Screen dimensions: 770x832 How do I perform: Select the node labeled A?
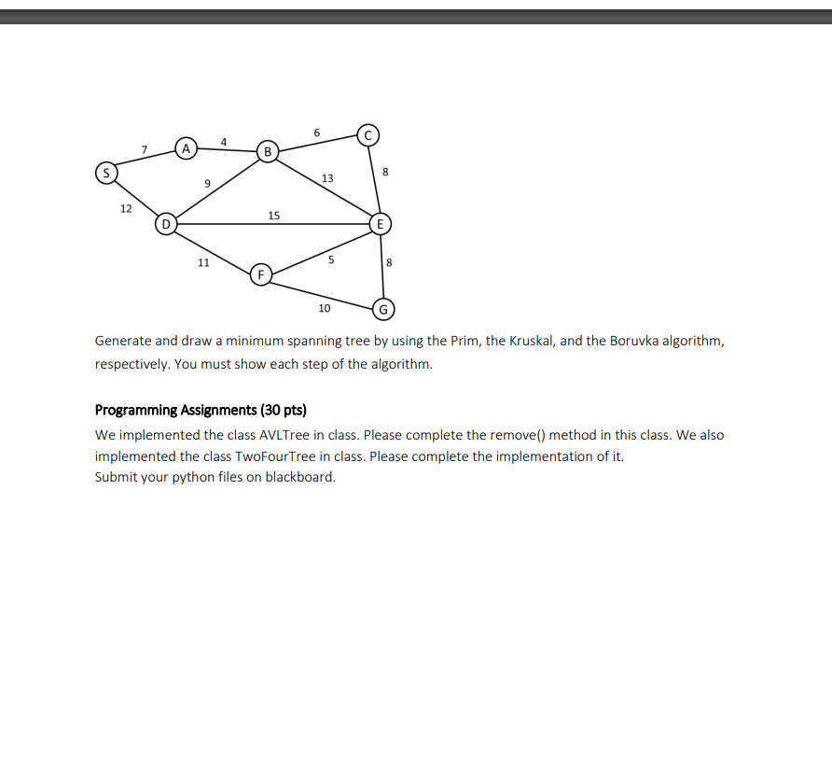[186, 147]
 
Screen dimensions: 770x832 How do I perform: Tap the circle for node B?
[268, 151]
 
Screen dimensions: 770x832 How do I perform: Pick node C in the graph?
[367, 134]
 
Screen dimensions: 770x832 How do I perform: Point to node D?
[166, 224]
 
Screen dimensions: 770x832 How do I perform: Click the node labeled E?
[380, 224]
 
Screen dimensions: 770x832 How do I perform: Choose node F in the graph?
[261, 274]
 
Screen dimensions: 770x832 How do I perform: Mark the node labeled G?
[383, 309]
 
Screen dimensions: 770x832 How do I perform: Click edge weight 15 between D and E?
[273, 216]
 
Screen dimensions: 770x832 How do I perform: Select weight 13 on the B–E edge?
[327, 178]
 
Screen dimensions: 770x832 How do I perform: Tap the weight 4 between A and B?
[224, 141]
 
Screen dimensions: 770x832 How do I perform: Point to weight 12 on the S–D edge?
[126, 208]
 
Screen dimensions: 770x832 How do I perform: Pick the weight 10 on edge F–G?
[324, 307]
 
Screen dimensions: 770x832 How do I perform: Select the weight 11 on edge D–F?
[203, 262]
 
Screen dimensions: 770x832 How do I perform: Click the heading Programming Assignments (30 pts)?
[201, 410]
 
